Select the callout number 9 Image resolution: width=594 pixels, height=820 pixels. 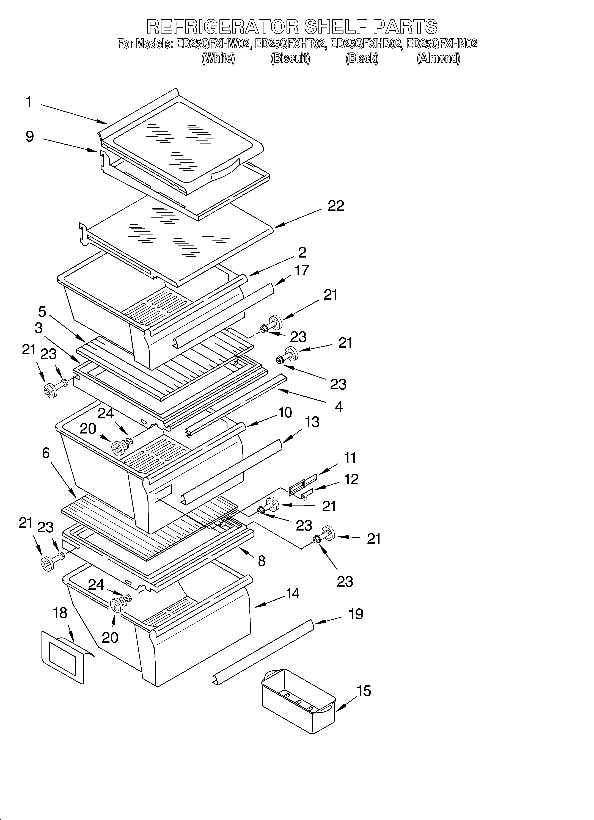pyautogui.click(x=30, y=137)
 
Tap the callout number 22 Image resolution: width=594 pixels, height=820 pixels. pyautogui.click(x=336, y=206)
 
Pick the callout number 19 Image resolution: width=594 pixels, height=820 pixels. pyautogui.click(x=356, y=614)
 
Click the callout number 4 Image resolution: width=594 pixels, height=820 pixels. pyautogui.click(x=339, y=407)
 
